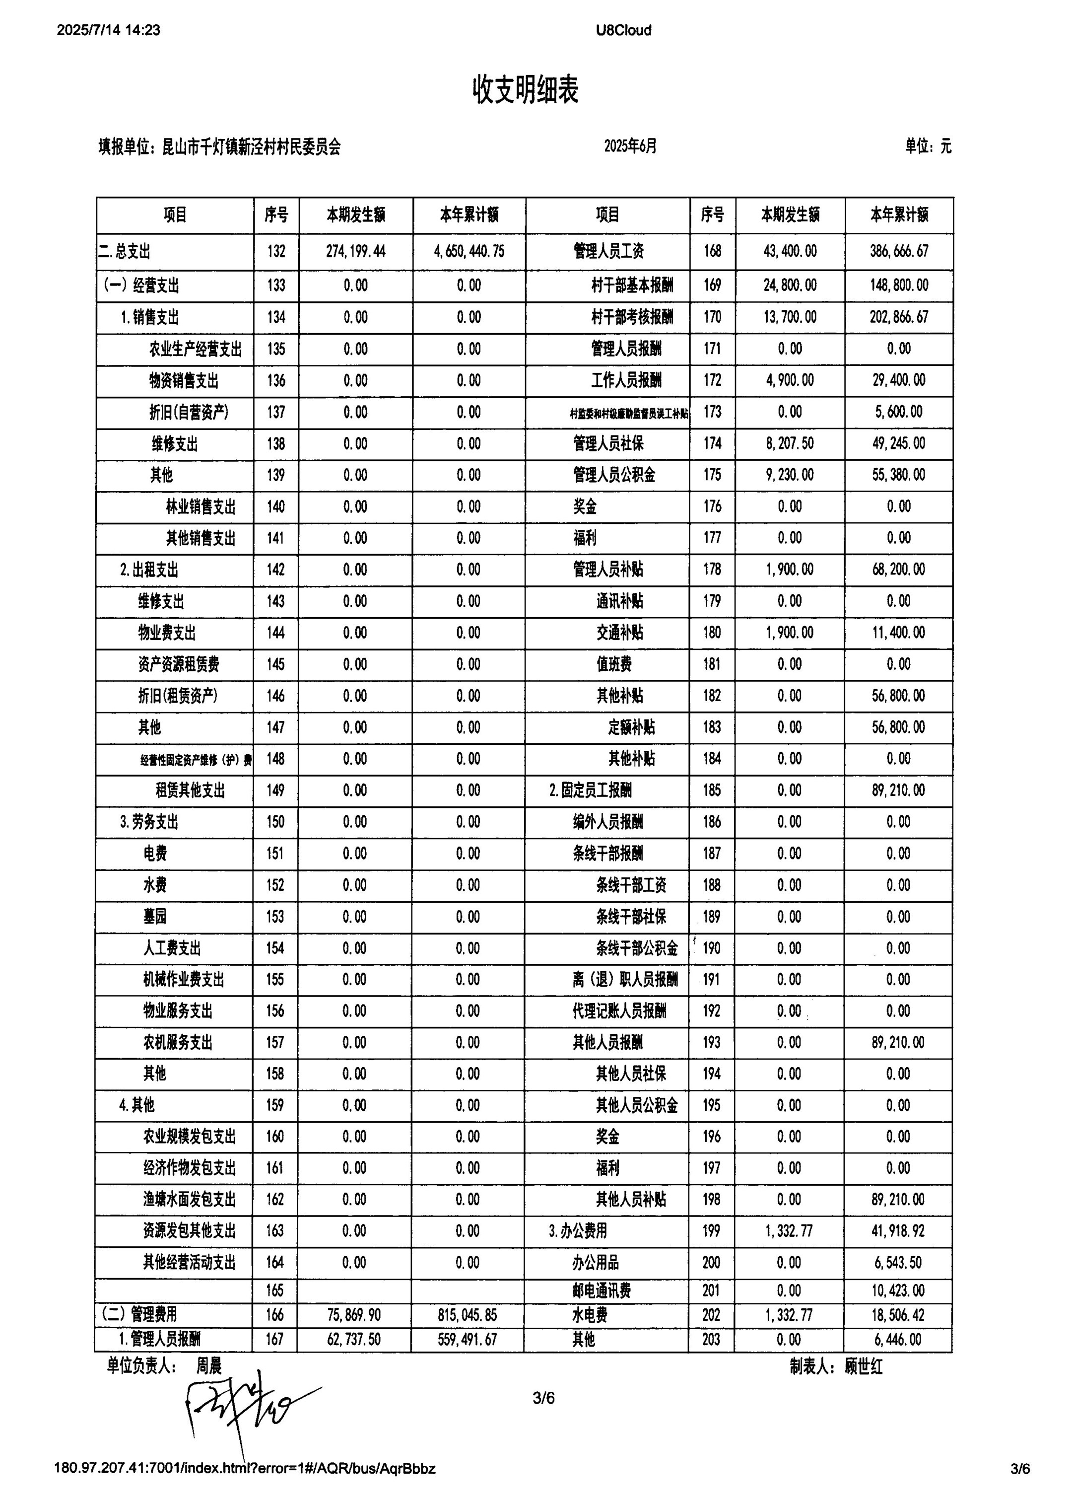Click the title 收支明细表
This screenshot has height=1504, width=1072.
(x=526, y=90)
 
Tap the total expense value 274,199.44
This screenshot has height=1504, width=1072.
(x=356, y=252)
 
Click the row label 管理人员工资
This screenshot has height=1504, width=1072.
(x=608, y=252)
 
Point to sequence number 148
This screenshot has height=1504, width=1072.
(x=275, y=759)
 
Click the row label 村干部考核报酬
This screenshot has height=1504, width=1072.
(x=632, y=317)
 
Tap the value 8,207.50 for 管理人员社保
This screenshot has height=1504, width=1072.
(x=790, y=443)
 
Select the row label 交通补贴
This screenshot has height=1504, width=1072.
(x=619, y=633)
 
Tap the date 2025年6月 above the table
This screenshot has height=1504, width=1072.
(x=630, y=146)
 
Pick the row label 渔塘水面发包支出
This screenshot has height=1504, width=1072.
(x=190, y=1199)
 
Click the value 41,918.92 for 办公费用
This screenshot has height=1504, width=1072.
(x=898, y=1231)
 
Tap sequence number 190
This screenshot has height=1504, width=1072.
(x=711, y=948)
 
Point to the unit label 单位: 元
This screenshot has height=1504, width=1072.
(x=928, y=146)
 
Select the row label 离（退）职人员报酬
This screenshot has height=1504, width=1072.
(x=624, y=980)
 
